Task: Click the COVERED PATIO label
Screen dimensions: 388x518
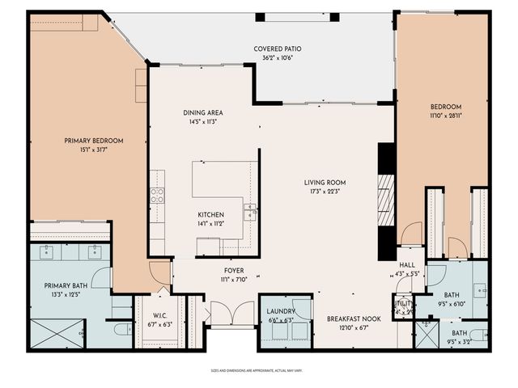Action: point(273,48)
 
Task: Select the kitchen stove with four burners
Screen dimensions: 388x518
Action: point(157,195)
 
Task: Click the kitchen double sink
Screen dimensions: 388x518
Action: point(251,212)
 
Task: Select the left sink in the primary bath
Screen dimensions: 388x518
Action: point(46,251)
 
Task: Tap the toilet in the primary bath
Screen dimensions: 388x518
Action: point(121,329)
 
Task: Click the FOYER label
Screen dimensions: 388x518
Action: point(234,271)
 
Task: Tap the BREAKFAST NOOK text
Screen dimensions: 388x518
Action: point(355,318)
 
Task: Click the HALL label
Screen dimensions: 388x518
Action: point(406,264)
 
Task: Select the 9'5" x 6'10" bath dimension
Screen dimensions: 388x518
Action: point(453,306)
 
